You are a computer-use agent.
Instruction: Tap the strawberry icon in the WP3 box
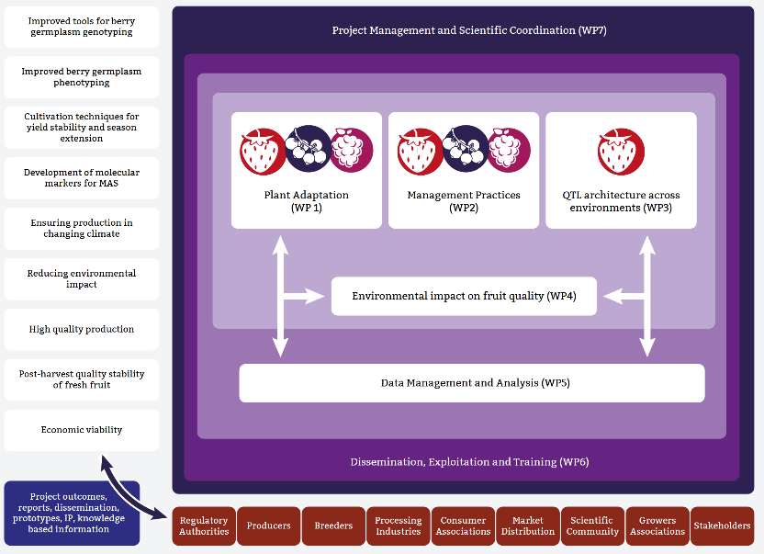[x=621, y=151]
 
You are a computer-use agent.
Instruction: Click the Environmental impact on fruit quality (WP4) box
[x=464, y=296]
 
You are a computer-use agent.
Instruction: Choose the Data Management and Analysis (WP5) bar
[x=472, y=383]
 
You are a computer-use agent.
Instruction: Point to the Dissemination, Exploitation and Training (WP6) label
[x=469, y=461]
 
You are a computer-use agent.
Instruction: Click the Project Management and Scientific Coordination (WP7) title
[x=469, y=30]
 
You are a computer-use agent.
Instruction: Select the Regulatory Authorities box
[x=204, y=526]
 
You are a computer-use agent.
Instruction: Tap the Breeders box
[x=333, y=526]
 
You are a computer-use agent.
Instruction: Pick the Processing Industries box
[x=399, y=526]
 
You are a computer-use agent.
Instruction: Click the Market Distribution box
[x=528, y=526]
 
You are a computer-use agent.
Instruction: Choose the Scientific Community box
[x=592, y=526]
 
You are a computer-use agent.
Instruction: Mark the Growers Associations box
[x=657, y=526]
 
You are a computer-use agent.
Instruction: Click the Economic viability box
[x=82, y=430]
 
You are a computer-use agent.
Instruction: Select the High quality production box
[x=82, y=329]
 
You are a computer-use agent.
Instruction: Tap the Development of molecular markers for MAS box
[x=82, y=177]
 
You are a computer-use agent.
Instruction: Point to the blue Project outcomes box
[x=73, y=514]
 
